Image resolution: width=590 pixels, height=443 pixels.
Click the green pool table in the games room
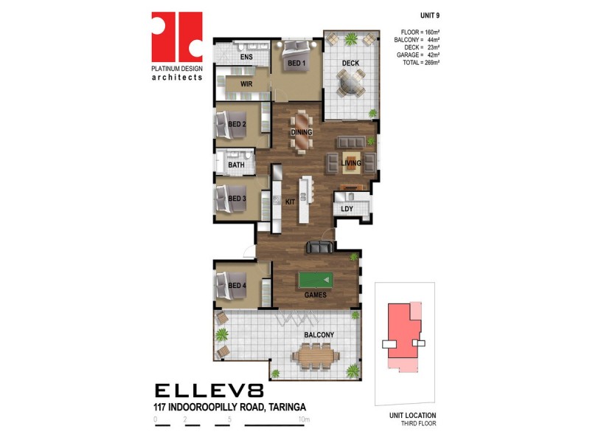tap(316, 280)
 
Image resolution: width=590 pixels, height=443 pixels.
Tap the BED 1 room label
tap(296, 63)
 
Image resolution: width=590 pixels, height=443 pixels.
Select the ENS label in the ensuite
tap(246, 57)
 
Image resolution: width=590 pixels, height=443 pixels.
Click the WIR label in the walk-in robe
tap(246, 84)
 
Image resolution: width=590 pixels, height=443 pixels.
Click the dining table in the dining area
tap(302, 131)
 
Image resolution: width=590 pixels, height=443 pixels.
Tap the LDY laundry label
tap(347, 209)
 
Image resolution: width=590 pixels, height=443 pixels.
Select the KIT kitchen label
tap(290, 202)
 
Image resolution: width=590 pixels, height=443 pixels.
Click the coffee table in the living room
tap(351, 162)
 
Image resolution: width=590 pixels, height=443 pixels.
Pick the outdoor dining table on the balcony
tap(316, 356)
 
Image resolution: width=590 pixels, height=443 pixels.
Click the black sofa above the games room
tap(320, 247)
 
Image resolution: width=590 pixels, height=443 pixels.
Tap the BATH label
tap(236, 165)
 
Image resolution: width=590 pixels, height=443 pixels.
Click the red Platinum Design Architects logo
tap(177, 36)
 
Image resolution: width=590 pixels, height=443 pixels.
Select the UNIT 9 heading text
tap(430, 16)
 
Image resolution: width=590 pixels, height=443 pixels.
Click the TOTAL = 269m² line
tap(421, 63)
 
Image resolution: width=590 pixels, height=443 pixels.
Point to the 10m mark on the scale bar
tap(304, 419)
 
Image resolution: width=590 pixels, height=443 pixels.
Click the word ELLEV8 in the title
tap(209, 391)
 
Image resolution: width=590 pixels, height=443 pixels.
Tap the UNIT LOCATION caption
tap(412, 415)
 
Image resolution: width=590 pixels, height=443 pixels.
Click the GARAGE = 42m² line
tap(418, 55)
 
